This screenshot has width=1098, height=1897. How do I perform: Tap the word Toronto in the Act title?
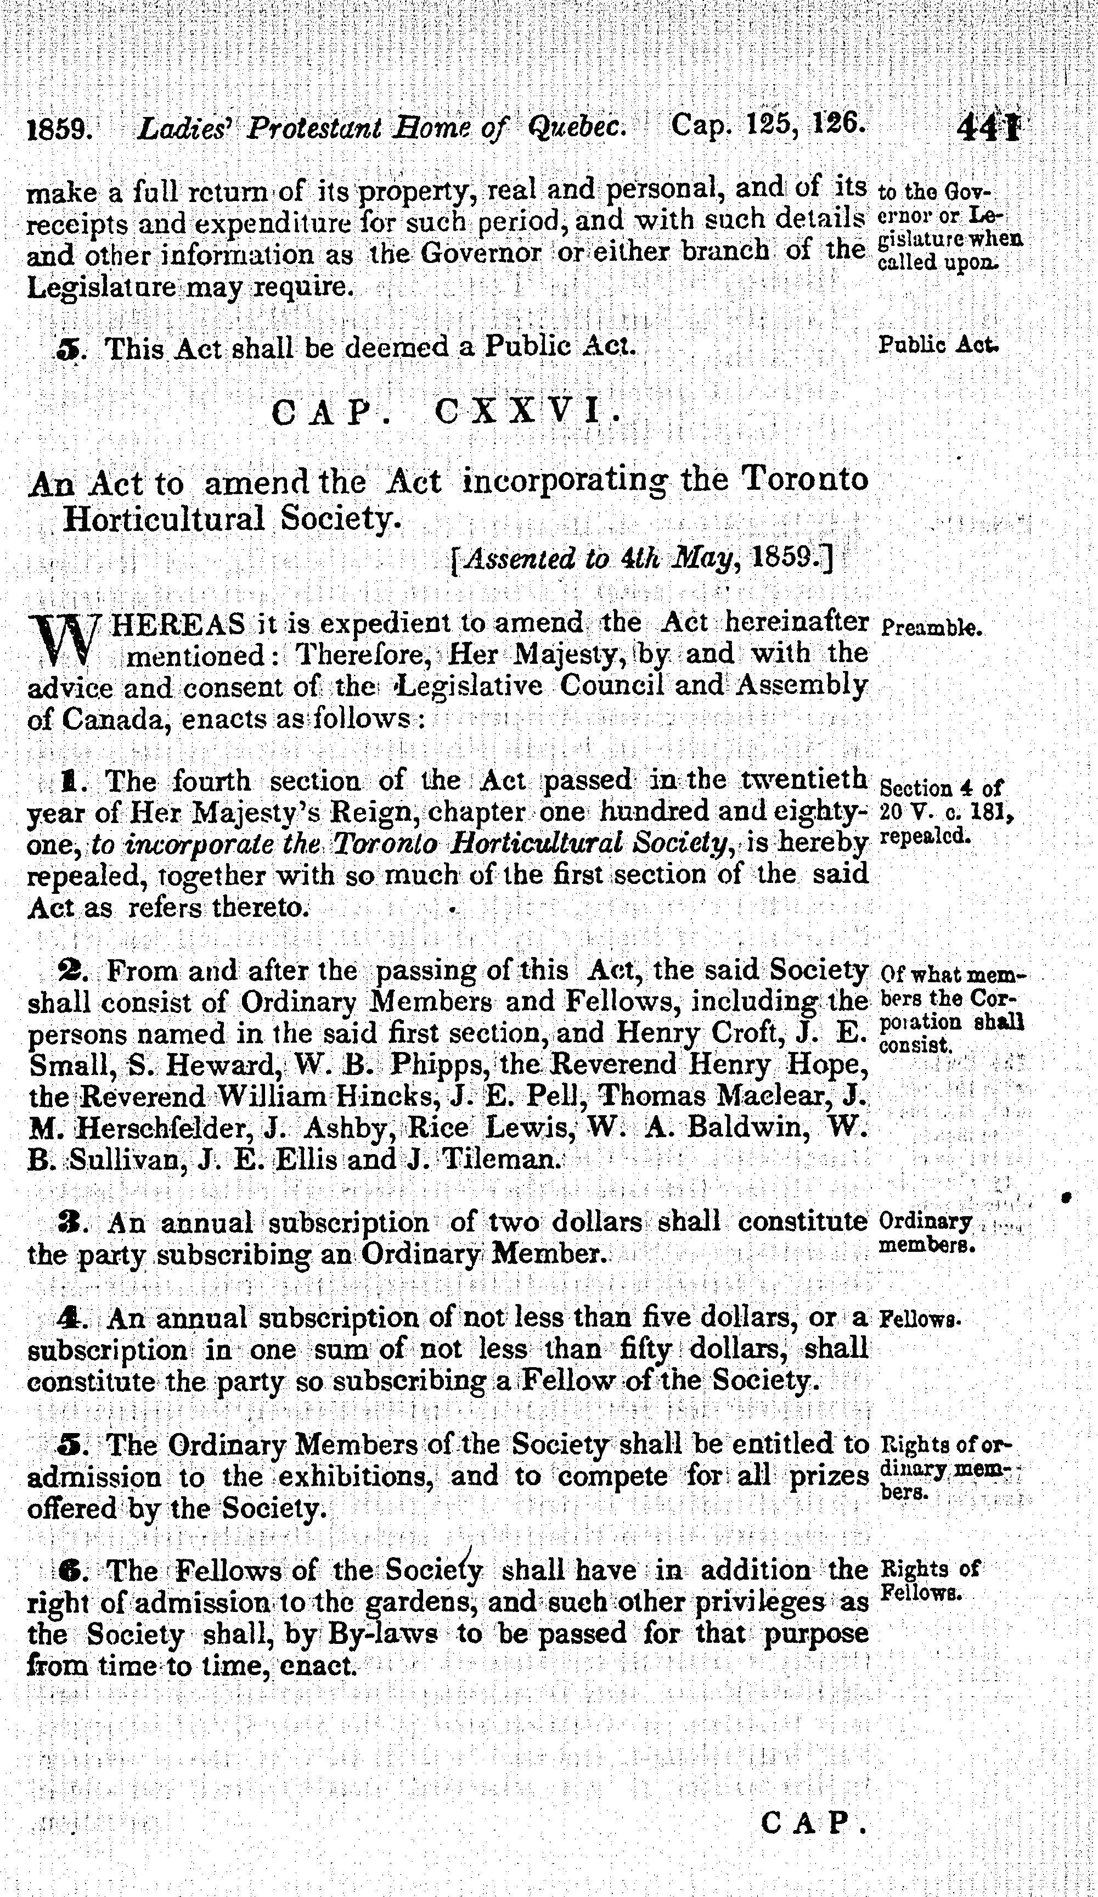coord(804,479)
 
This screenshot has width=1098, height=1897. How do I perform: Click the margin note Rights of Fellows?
coord(930,1580)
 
